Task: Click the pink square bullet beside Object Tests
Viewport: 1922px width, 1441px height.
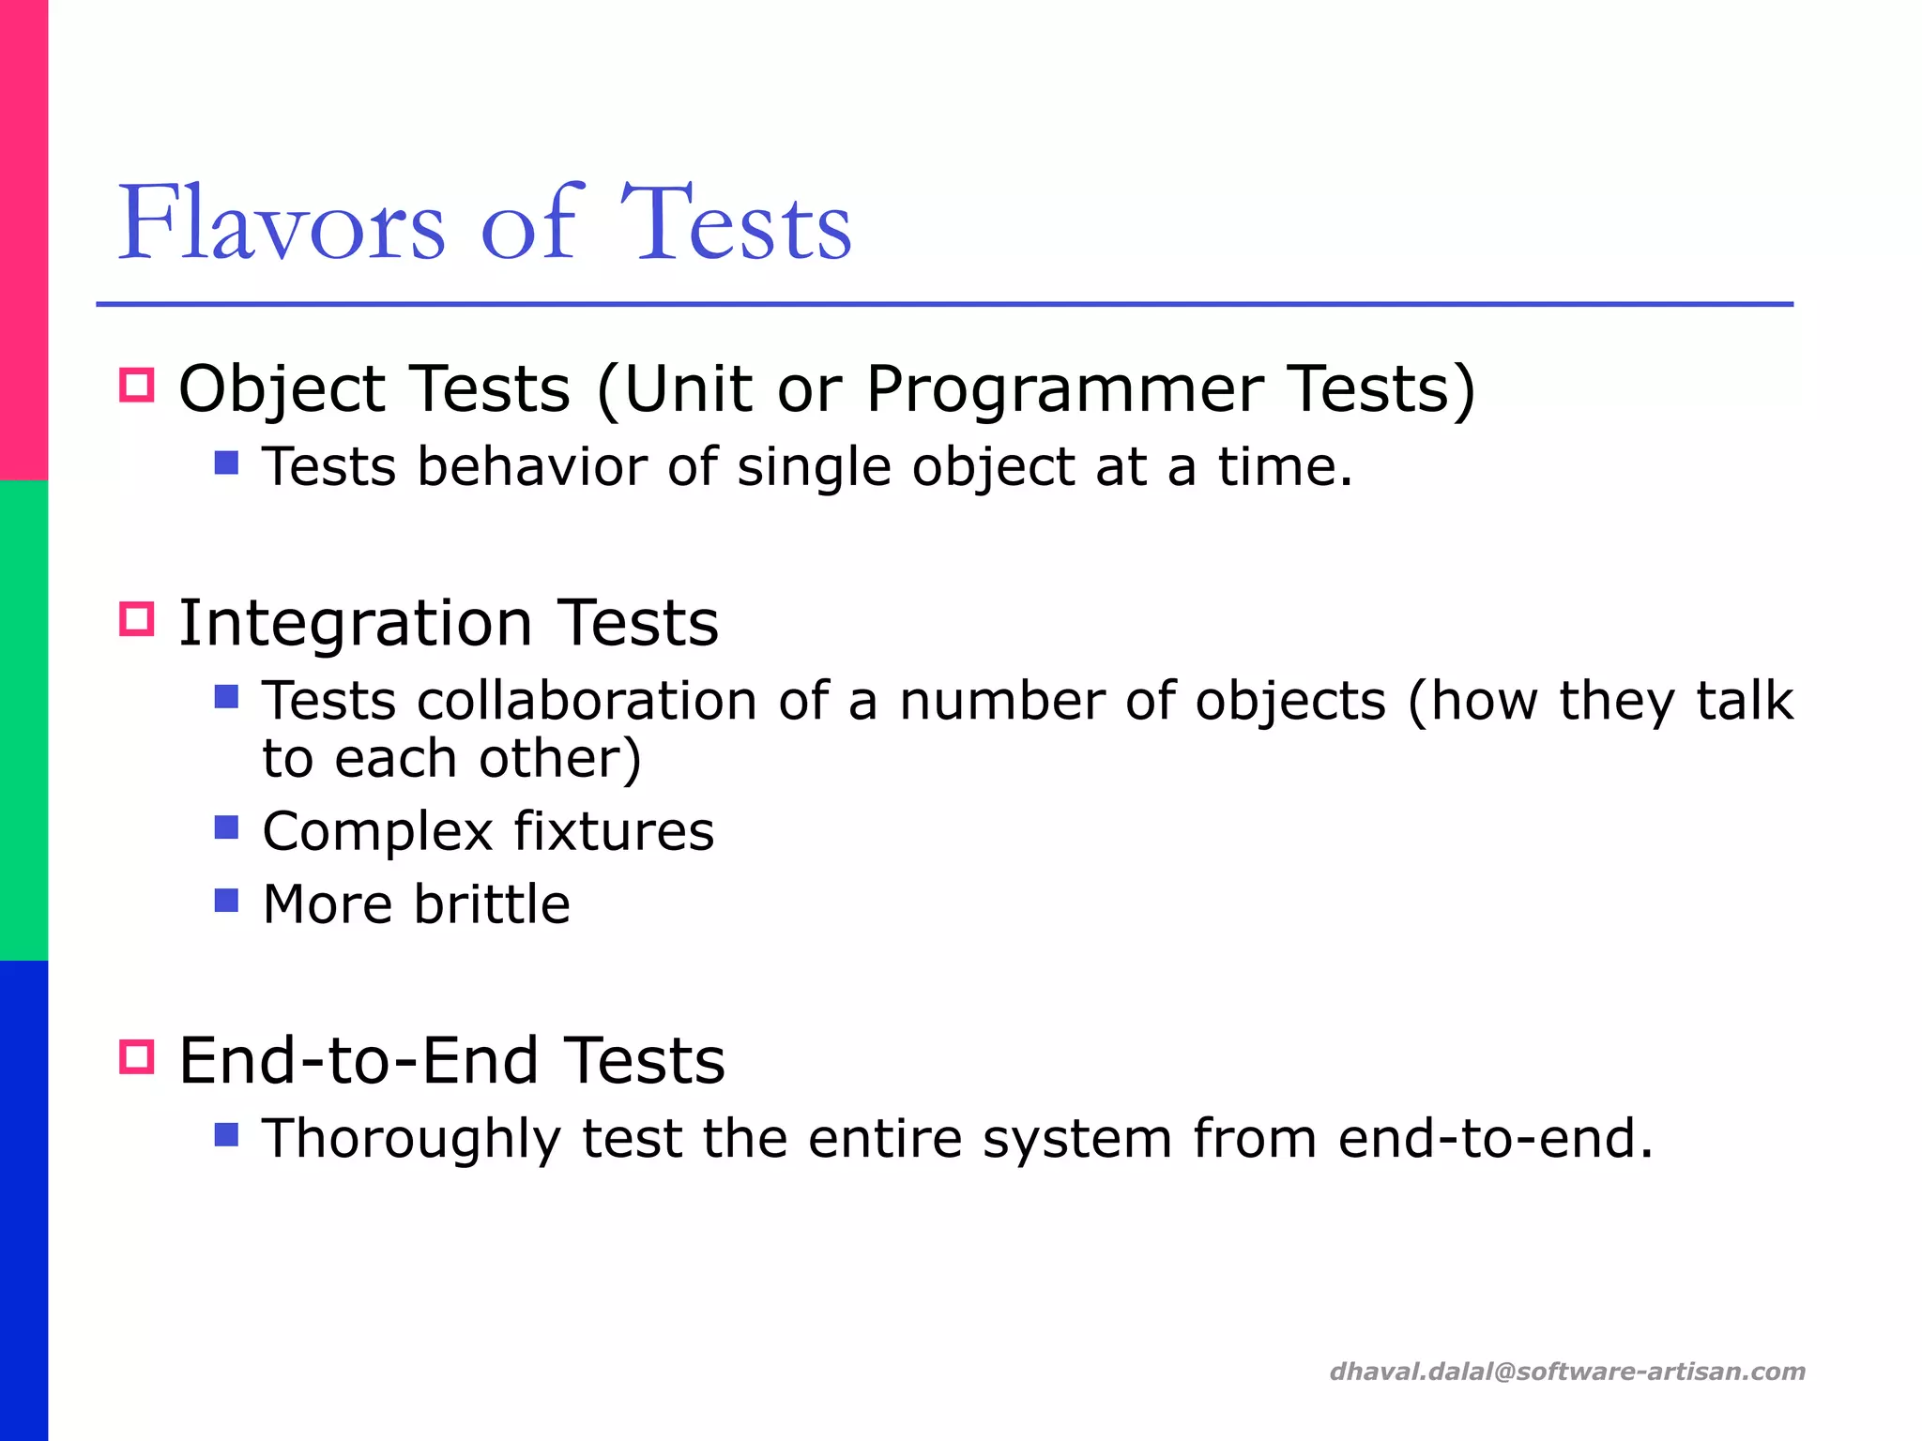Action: (x=137, y=386)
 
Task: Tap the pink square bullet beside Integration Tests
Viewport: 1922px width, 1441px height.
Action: (x=137, y=619)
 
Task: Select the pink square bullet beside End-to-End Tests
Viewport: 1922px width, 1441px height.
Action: (x=137, y=1057)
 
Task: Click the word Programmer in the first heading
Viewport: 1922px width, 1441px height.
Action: (x=1064, y=389)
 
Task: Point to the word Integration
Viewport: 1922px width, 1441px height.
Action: (x=356, y=623)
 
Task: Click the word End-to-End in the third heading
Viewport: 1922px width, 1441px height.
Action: (x=358, y=1061)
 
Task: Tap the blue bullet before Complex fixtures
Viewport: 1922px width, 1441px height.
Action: (x=226, y=827)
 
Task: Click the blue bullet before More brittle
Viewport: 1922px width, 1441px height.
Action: (x=226, y=901)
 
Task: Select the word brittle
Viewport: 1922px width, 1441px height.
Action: (x=492, y=904)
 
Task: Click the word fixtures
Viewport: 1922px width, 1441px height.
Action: (x=614, y=831)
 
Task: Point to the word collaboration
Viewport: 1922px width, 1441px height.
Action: (x=587, y=702)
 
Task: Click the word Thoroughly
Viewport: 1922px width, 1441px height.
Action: (x=411, y=1139)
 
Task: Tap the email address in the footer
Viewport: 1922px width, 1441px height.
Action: (x=1567, y=1372)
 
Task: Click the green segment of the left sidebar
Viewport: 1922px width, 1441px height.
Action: (x=23, y=720)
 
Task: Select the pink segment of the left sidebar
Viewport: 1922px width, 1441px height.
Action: (x=23, y=240)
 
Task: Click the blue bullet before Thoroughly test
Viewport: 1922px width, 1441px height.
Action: (x=226, y=1135)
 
